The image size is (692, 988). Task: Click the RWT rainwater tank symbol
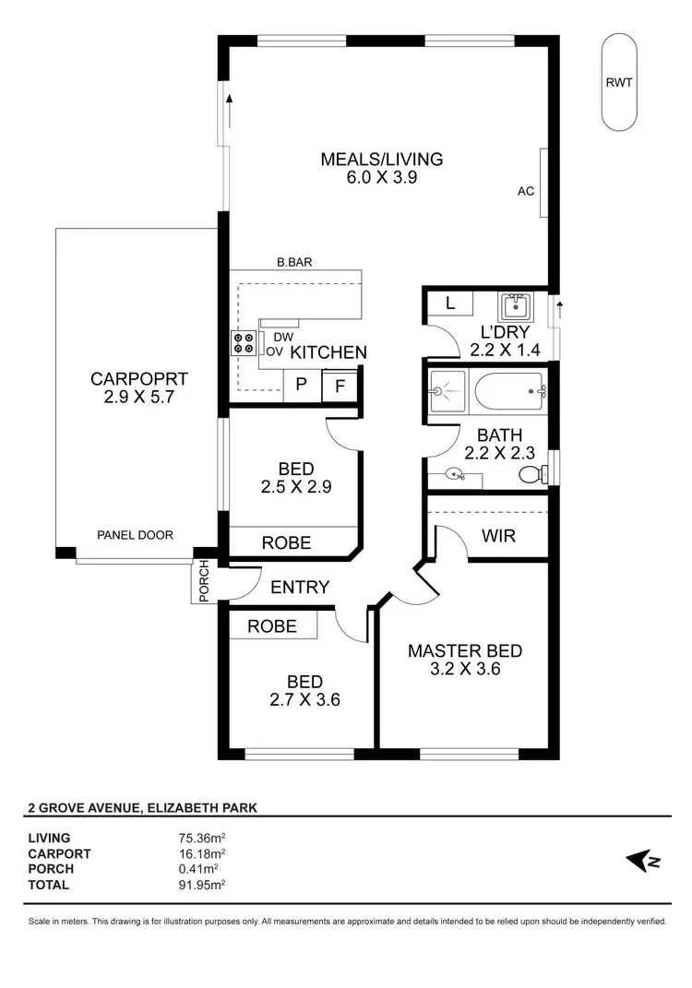tap(619, 83)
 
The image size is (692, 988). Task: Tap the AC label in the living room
tap(526, 192)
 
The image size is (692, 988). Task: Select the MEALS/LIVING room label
tap(381, 159)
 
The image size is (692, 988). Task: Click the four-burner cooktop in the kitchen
tap(244, 344)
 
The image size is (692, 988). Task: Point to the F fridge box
tap(340, 386)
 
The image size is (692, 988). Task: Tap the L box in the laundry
tap(450, 303)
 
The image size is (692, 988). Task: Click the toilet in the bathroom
tap(531, 475)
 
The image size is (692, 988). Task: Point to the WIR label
tap(498, 535)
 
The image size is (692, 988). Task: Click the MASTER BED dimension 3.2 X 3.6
tap(464, 670)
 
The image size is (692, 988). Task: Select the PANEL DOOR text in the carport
tap(136, 535)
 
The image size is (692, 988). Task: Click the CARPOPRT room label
tap(138, 378)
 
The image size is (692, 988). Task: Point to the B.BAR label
tap(294, 262)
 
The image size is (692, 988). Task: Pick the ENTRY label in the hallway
tap(300, 588)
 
